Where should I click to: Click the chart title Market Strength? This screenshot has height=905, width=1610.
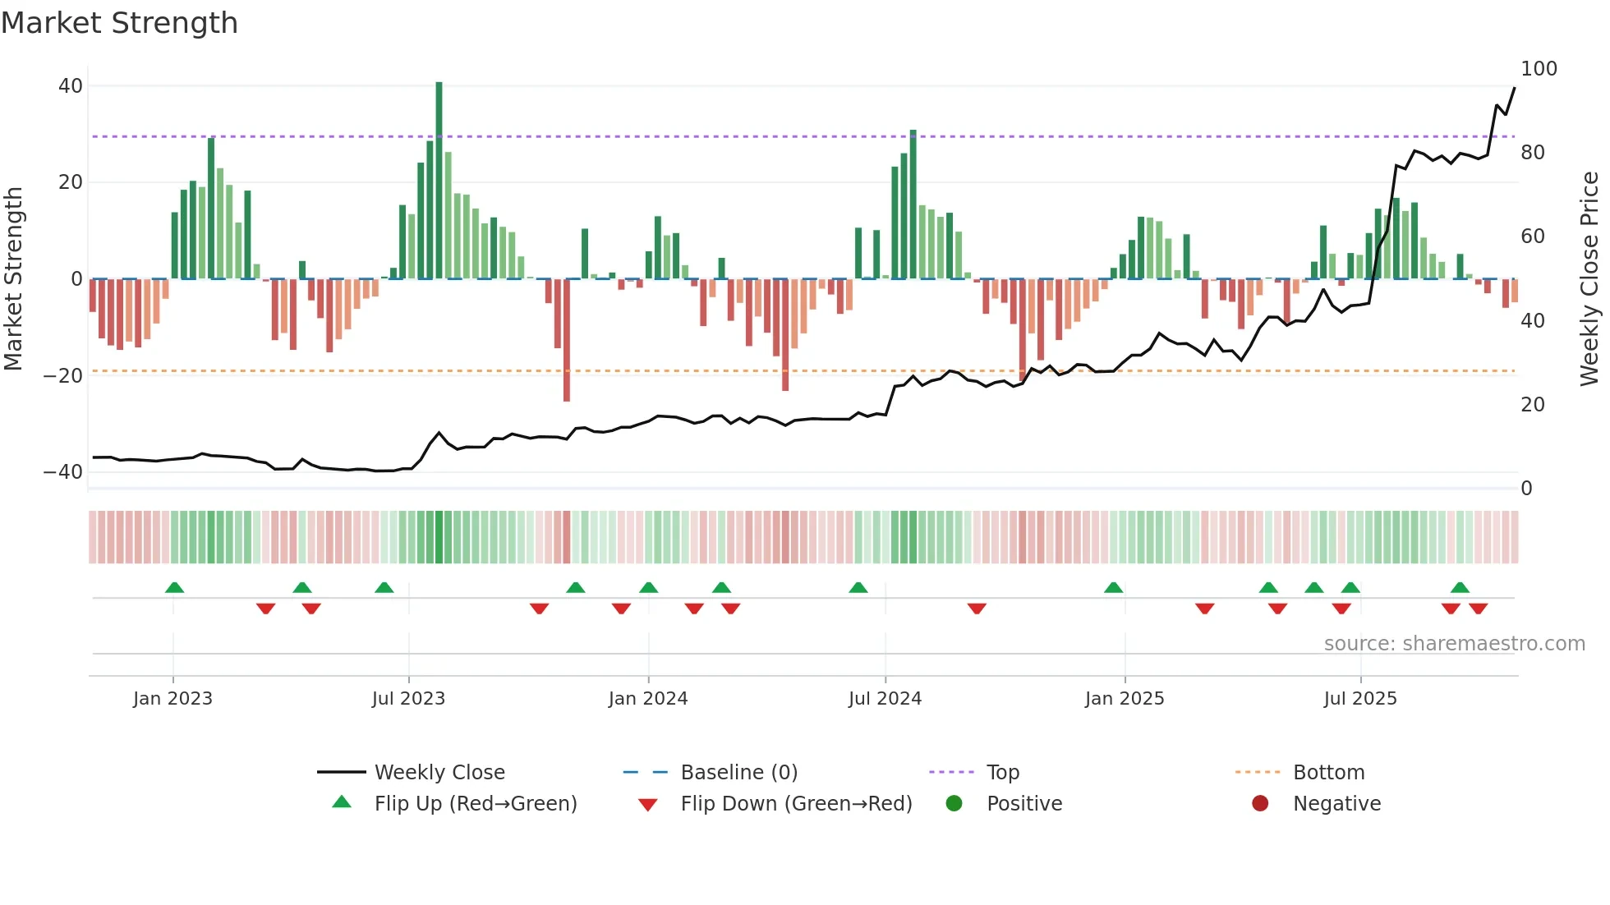click(119, 23)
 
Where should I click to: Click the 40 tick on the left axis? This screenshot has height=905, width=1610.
click(71, 86)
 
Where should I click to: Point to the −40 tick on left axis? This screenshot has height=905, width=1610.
click(63, 472)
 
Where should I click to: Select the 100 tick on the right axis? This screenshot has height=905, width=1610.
click(1539, 69)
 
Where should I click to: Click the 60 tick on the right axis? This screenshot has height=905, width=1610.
click(1532, 237)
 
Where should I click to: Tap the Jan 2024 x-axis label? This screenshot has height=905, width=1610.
click(647, 699)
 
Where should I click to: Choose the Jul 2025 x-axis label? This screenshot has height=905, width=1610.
click(1359, 699)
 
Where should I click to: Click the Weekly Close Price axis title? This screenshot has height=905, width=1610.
click(1589, 279)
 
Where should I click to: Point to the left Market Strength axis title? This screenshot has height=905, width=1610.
click(14, 279)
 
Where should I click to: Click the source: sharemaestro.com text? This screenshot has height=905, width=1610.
click(1454, 644)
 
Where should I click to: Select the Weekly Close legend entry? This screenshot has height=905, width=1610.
click(439, 773)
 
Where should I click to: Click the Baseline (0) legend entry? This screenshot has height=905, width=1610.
click(738, 773)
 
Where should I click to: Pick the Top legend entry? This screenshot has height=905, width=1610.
click(1002, 773)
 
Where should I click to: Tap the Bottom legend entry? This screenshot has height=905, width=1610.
click(1328, 773)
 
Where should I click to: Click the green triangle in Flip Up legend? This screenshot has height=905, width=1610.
click(342, 802)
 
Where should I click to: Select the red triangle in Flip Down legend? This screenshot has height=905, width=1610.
click(647, 805)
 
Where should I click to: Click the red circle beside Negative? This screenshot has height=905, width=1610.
click(1260, 803)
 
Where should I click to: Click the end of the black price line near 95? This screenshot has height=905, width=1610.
click(1514, 88)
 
